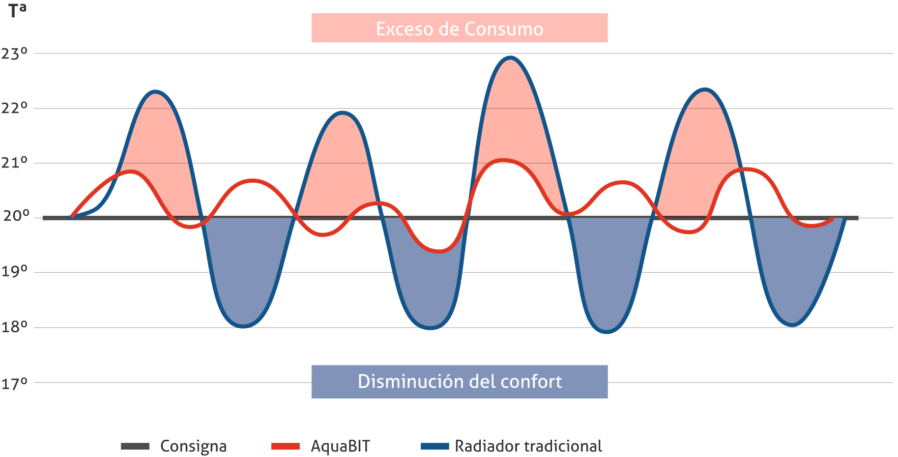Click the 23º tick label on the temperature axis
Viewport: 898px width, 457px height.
[x=14, y=53]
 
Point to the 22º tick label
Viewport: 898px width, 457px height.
[x=14, y=108]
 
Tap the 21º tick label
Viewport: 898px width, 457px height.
[x=14, y=163]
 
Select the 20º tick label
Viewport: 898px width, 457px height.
[x=16, y=216]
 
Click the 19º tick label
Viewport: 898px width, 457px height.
[x=14, y=271]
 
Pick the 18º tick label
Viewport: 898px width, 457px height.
[x=14, y=327]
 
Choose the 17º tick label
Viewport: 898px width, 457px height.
[x=14, y=383]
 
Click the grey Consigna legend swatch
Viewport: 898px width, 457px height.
[x=135, y=446]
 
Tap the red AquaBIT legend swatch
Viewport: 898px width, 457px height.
[x=285, y=446]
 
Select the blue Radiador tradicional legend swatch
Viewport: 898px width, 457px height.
[x=435, y=446]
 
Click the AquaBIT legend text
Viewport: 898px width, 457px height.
[x=340, y=446]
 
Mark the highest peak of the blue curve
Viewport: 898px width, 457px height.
[x=510, y=58]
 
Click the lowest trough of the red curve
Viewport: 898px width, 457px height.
[x=440, y=251]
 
